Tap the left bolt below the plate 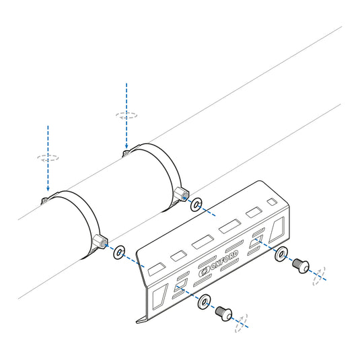[x=223, y=312]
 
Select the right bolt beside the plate [x=301, y=264]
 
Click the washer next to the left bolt [x=203, y=302]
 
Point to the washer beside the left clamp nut [x=119, y=252]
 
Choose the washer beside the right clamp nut [x=196, y=205]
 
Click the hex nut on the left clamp [x=102, y=241]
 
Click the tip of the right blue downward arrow [x=127, y=149]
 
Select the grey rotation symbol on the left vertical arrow [x=48, y=159]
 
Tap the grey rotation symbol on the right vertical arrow [x=127, y=115]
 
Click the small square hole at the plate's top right [x=271, y=202]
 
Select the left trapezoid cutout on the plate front [x=158, y=295]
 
